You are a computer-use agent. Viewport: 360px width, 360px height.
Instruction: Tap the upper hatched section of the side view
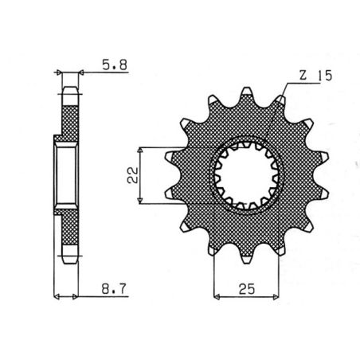(x=69, y=115)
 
